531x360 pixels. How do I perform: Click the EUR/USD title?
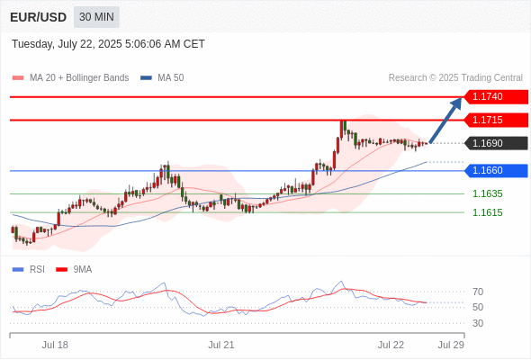[x=39, y=17]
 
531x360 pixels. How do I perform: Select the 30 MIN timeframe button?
[x=96, y=17]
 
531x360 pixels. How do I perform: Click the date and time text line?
[x=108, y=44]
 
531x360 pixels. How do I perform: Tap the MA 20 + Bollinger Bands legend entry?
[x=70, y=78]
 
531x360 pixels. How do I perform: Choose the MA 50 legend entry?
[x=162, y=78]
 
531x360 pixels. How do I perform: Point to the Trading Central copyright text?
[x=455, y=78]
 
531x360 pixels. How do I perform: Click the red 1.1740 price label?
[x=496, y=97]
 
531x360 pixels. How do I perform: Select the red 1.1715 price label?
[x=496, y=120]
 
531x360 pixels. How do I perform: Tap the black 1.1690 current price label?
[x=496, y=143]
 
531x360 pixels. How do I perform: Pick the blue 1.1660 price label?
[x=496, y=170]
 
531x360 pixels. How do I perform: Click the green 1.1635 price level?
[x=488, y=193]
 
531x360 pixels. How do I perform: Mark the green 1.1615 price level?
[x=488, y=212]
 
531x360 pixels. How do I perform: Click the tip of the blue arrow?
[x=461, y=97]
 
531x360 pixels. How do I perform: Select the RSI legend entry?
[x=29, y=270]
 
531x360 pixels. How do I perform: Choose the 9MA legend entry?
[x=74, y=270]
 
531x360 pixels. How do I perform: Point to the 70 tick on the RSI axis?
[x=478, y=292]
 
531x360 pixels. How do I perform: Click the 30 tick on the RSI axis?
[x=478, y=323]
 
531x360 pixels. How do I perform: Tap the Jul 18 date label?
[x=55, y=345]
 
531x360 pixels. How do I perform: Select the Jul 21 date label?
[x=221, y=345]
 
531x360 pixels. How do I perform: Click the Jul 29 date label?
[x=451, y=345]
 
